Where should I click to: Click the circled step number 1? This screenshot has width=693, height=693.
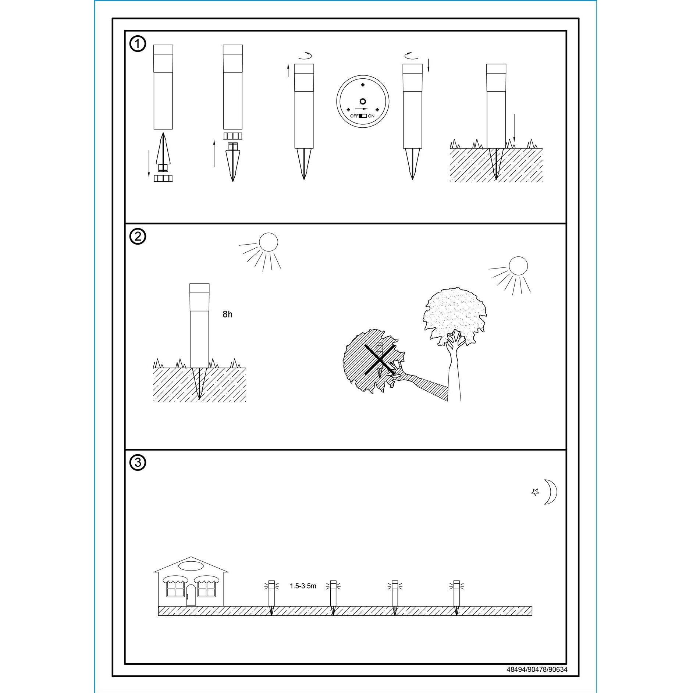pos(138,44)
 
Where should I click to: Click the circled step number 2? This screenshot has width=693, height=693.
pos(138,237)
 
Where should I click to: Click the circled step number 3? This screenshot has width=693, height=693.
pos(138,462)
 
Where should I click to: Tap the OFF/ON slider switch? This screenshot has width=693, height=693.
pos(363,116)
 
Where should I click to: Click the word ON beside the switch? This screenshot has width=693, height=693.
pos(371,116)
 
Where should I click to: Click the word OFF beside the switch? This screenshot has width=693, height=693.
pos(354,116)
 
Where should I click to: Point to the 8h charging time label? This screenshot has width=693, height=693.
pos(227,314)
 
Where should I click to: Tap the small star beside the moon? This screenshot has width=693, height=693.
pos(536,492)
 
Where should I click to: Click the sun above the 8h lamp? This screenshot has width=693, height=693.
pos(268,242)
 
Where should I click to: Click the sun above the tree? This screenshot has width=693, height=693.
pos(518,266)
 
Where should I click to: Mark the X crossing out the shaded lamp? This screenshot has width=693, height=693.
pos(380,359)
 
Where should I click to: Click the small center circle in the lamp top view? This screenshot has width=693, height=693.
pos(363,102)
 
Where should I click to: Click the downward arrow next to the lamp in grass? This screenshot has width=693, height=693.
pos(514,129)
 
